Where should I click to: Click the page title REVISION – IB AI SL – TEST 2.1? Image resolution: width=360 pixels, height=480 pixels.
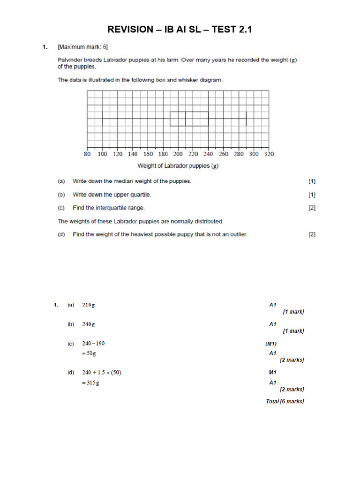point(180,30)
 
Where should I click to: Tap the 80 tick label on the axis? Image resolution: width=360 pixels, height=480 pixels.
point(87,154)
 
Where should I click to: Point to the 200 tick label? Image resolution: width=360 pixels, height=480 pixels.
point(178,154)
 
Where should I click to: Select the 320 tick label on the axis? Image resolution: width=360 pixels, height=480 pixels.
point(269,154)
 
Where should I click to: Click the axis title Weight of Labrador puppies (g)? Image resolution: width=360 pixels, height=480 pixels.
point(178,165)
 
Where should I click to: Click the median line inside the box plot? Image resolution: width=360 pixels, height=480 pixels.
point(186,119)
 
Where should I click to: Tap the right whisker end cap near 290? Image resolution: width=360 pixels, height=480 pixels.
point(246,119)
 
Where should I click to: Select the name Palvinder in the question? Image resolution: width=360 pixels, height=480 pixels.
point(70,60)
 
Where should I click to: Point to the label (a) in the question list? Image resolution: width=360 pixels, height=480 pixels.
point(61,181)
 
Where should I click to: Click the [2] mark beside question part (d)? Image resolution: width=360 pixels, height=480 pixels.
point(312,234)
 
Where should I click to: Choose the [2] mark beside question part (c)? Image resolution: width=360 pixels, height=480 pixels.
point(312,208)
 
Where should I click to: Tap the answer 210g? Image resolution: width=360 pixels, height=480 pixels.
point(89,305)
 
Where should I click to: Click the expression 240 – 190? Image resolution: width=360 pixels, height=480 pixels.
point(93,344)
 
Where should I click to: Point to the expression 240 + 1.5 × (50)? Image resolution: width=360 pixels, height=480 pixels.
point(101,373)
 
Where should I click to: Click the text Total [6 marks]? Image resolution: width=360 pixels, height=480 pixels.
point(285,402)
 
